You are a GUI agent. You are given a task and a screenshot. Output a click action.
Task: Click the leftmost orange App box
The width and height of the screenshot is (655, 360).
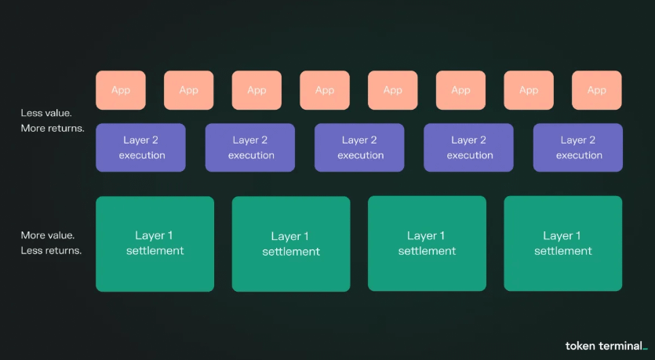tap(121, 90)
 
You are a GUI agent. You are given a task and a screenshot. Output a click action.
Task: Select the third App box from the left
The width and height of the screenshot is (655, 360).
tap(257, 90)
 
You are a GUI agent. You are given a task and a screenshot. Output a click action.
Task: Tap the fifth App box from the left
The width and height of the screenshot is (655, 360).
tap(393, 90)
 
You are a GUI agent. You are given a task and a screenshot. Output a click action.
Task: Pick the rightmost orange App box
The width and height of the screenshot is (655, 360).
tap(597, 90)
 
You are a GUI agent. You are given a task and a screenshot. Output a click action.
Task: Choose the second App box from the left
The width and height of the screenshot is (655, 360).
tap(189, 90)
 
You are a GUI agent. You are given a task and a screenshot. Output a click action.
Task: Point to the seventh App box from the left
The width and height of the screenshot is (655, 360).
tap(529, 90)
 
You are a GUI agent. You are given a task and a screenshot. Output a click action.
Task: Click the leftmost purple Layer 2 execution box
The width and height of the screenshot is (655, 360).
tap(141, 147)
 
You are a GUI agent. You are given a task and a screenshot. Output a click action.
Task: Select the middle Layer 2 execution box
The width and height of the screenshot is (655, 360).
tap(360, 147)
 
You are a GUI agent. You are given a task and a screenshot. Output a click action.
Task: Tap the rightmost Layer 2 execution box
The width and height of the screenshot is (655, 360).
tap(578, 147)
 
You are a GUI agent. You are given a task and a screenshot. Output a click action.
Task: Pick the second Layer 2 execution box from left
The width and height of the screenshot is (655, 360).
tap(250, 147)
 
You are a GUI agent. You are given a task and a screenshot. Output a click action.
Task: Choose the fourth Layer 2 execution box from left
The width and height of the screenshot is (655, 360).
tap(469, 147)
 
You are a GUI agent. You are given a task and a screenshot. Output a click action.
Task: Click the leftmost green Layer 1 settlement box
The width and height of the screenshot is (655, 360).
tap(155, 244)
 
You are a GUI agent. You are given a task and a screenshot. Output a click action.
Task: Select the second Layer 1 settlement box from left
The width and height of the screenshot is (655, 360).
tap(291, 244)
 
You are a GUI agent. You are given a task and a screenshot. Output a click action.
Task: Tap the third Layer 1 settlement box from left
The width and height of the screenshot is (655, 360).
tap(427, 244)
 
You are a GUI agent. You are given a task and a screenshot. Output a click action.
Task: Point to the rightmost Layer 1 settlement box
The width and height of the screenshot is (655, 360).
tap(563, 244)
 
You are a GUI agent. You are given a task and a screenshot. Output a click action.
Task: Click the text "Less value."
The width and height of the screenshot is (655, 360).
tap(46, 113)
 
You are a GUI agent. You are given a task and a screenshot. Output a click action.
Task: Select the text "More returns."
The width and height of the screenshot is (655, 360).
tap(53, 128)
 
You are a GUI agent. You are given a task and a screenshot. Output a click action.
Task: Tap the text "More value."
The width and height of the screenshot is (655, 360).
tap(48, 235)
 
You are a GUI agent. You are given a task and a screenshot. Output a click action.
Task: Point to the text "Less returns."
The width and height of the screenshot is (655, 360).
tap(52, 251)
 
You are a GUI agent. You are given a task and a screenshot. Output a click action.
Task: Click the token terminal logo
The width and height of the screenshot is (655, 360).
tap(606, 345)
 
